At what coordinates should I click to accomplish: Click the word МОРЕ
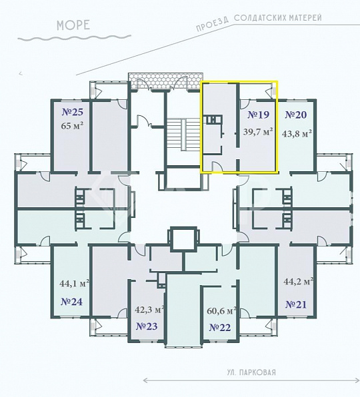pos(73,27)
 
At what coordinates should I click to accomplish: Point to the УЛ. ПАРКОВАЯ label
pos(251,373)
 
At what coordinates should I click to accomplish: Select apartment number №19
pos(257,115)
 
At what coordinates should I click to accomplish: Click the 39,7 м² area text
pos(258,133)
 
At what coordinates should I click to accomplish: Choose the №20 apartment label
pos(296,115)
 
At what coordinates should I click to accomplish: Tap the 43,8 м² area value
pos(297,133)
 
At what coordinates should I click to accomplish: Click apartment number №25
pos(72,111)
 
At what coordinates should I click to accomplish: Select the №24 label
pos(71,302)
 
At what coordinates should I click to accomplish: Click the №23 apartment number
pos(146,326)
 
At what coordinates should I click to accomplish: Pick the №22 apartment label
pos(219,327)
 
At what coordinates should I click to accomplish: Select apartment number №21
pos(296,304)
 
